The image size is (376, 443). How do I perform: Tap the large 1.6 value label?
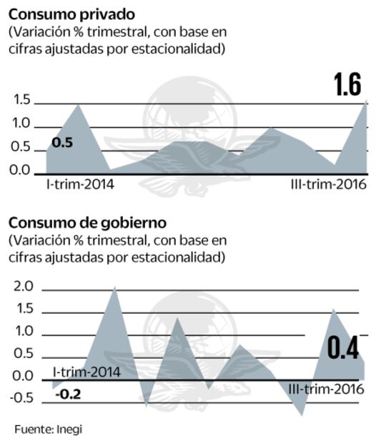pyautogui.click(x=347, y=84)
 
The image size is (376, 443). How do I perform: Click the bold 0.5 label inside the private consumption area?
pyautogui.click(x=62, y=143)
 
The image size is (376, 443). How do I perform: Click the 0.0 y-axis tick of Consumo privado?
pyautogui.click(x=22, y=170)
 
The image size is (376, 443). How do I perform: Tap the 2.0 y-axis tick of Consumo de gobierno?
pyautogui.click(x=24, y=287)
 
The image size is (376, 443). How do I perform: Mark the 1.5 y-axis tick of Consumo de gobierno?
pyautogui.click(x=24, y=309)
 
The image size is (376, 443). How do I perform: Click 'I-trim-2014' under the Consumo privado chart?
pyautogui.click(x=75, y=184)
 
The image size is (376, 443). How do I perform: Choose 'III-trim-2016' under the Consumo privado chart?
pyautogui.click(x=328, y=184)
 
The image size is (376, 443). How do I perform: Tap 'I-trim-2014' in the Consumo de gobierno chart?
pyautogui.click(x=86, y=372)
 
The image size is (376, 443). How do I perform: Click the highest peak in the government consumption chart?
pyautogui.click(x=114, y=288)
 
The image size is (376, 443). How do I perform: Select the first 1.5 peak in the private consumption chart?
pyautogui.click(x=77, y=105)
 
